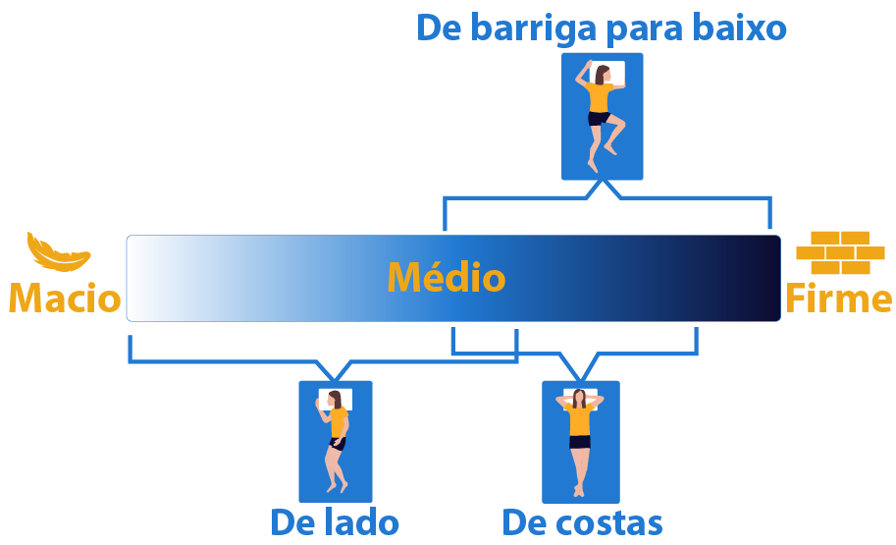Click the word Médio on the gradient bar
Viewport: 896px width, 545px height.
[446, 278]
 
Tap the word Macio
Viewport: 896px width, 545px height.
[65, 298]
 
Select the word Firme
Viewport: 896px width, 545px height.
[838, 298]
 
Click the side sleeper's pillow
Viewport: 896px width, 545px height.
[335, 400]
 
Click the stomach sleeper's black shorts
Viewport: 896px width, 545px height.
[600, 119]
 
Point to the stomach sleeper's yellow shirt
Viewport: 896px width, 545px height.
[600, 97]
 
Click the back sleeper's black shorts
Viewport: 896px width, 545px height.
[580, 441]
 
